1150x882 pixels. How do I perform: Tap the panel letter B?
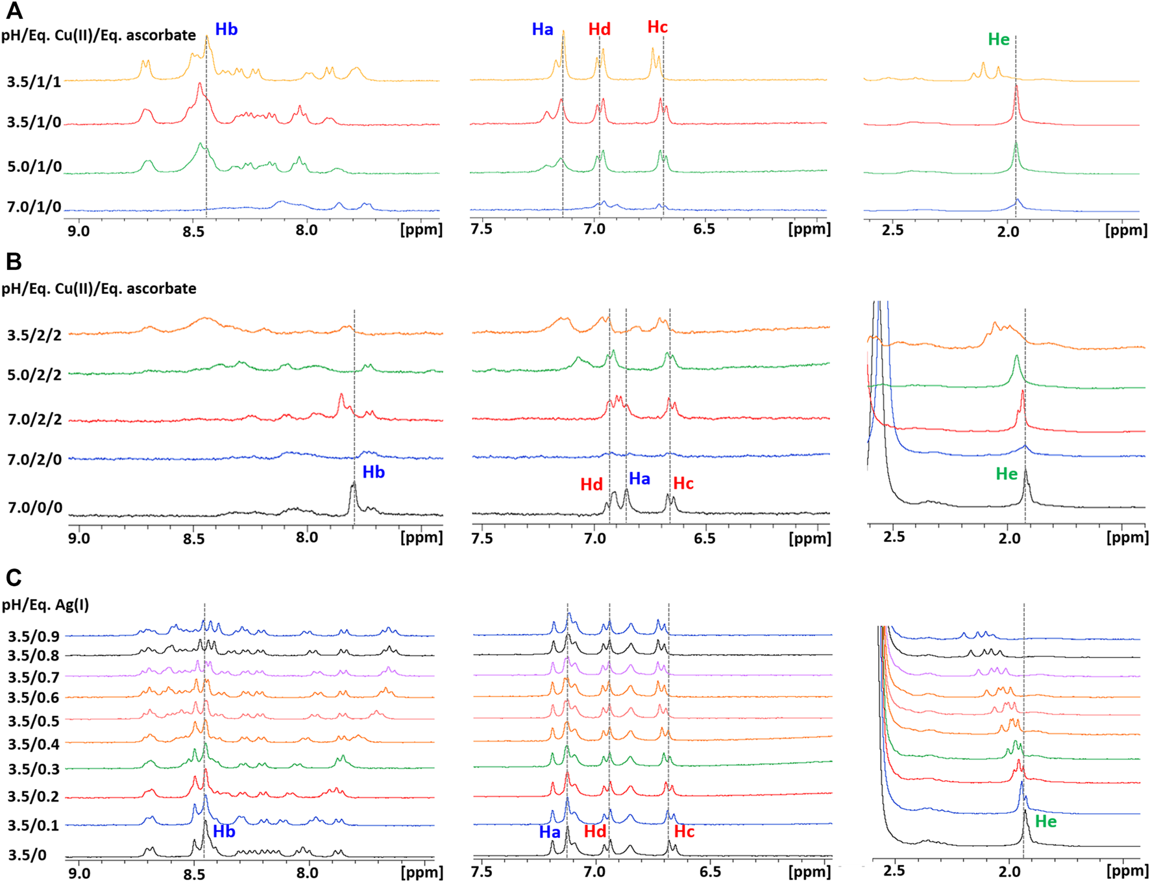point(14,262)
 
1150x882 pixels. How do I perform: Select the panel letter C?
point(14,577)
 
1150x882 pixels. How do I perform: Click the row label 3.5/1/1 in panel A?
point(34,82)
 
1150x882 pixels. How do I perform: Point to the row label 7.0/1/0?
point(34,208)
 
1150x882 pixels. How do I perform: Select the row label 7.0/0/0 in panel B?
point(35,508)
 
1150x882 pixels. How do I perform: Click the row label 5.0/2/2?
point(34,375)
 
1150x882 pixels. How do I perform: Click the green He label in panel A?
point(998,40)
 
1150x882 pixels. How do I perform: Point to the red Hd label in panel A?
point(599,29)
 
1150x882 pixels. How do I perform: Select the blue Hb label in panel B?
point(373,472)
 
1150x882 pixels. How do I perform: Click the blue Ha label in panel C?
point(550,832)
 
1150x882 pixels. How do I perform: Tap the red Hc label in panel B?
point(683,484)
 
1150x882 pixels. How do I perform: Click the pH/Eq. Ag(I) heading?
point(45,605)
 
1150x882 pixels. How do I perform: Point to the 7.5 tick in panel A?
point(482,229)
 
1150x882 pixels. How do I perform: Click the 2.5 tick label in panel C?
point(894,870)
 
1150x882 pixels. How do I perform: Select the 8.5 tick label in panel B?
point(193,538)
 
